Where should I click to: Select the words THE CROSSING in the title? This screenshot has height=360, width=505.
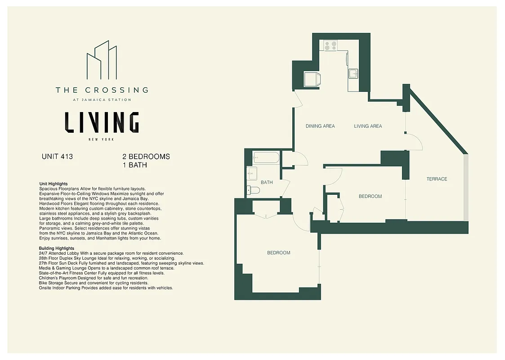click(x=102, y=90)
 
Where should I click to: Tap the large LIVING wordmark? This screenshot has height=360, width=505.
click(x=102, y=122)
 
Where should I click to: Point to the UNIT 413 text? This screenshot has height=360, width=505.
click(x=57, y=157)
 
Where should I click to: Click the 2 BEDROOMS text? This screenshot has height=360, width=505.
click(x=146, y=157)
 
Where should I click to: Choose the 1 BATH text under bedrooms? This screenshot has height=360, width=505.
click(x=134, y=165)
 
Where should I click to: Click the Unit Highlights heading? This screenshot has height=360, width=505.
click(x=54, y=184)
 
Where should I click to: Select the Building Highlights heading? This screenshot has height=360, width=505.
click(x=57, y=248)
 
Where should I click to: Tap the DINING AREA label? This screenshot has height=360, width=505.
click(x=320, y=126)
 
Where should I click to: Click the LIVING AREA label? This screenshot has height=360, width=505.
click(x=368, y=126)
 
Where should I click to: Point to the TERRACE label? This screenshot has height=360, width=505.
click(x=437, y=179)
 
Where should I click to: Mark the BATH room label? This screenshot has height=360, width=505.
click(x=267, y=183)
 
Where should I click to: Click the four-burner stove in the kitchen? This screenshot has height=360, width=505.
click(x=331, y=45)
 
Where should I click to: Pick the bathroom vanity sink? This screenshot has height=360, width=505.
click(x=252, y=173)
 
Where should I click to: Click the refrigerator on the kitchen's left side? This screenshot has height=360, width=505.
click(x=312, y=79)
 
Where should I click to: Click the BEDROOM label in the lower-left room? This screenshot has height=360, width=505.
click(x=278, y=253)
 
